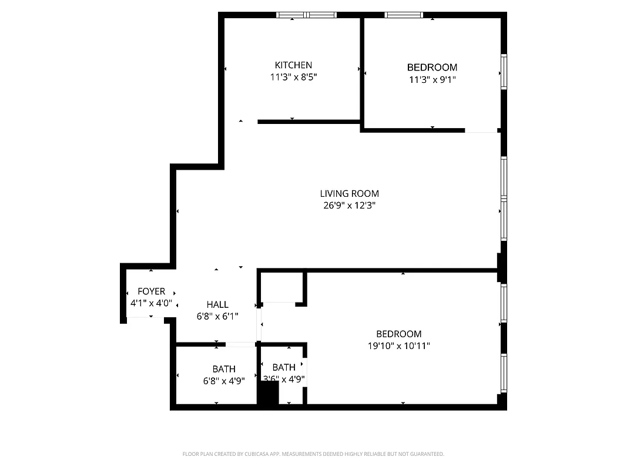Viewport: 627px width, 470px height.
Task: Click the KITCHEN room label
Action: [x=293, y=65]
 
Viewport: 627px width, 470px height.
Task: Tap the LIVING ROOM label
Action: [x=349, y=193]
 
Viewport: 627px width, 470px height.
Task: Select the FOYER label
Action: [x=151, y=291]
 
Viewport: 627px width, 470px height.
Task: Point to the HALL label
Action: [x=217, y=304]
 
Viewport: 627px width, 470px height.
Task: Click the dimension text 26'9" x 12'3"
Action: [x=349, y=206]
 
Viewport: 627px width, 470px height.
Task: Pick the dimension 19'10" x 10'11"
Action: [x=399, y=346]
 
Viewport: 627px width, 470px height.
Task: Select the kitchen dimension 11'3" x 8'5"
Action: [x=293, y=77]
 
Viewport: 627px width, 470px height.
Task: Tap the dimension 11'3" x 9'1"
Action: [x=432, y=79]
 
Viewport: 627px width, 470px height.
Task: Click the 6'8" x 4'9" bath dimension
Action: [x=223, y=380]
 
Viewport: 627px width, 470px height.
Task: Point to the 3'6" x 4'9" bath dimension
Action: [x=284, y=380]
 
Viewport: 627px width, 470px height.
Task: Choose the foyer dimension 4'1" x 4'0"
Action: [x=151, y=303]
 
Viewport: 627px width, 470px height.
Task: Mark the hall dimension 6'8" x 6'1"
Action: [x=217, y=316]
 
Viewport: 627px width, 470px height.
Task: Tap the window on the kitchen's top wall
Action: [x=306, y=15]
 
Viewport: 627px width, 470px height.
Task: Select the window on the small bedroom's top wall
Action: [x=404, y=15]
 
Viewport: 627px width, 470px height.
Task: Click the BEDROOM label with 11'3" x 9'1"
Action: [x=432, y=68]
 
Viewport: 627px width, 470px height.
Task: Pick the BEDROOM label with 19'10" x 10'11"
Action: [x=399, y=334]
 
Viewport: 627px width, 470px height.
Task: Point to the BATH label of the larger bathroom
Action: [x=224, y=368]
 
